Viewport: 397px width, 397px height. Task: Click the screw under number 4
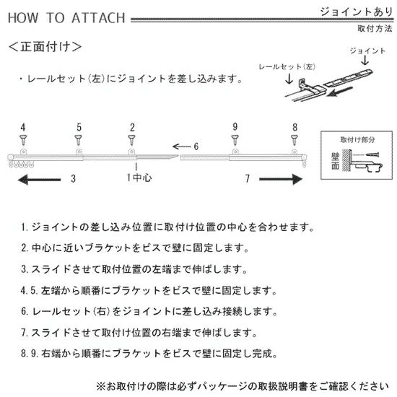pyautogui.click(x=23, y=140)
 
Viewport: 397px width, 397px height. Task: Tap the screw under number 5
pyautogui.click(x=78, y=140)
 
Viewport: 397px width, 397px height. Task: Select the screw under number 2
pyautogui.click(x=131, y=140)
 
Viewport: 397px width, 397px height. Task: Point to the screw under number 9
pyautogui.click(x=235, y=140)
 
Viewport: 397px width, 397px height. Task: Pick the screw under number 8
pyautogui.click(x=295, y=140)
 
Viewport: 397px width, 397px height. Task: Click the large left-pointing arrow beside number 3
pyautogui.click(x=39, y=180)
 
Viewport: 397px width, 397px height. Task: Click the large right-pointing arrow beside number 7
pyautogui.click(x=281, y=180)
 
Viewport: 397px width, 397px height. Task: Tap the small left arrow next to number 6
pyautogui.click(x=181, y=147)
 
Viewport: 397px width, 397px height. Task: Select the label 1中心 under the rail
pyautogui.click(x=139, y=178)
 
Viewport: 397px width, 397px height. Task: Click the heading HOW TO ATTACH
pyautogui.click(x=66, y=18)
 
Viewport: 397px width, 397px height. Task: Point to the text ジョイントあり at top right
pyautogui.click(x=357, y=12)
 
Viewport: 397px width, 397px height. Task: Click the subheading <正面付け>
pyautogui.click(x=45, y=47)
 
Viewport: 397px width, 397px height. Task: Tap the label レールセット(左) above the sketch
pyautogui.click(x=287, y=67)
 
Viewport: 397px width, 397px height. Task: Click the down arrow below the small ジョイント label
pyautogui.click(x=365, y=60)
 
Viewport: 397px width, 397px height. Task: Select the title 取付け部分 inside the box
pyautogui.click(x=357, y=140)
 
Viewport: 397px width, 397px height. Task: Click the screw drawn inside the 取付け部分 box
pyautogui.click(x=372, y=154)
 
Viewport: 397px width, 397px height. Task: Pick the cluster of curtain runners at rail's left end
pyautogui.click(x=21, y=164)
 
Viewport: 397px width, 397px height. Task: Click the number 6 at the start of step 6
pyautogui.click(x=24, y=311)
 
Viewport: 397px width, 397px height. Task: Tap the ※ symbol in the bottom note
pyautogui.click(x=101, y=387)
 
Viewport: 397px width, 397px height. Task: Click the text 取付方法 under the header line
pyautogui.click(x=375, y=28)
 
